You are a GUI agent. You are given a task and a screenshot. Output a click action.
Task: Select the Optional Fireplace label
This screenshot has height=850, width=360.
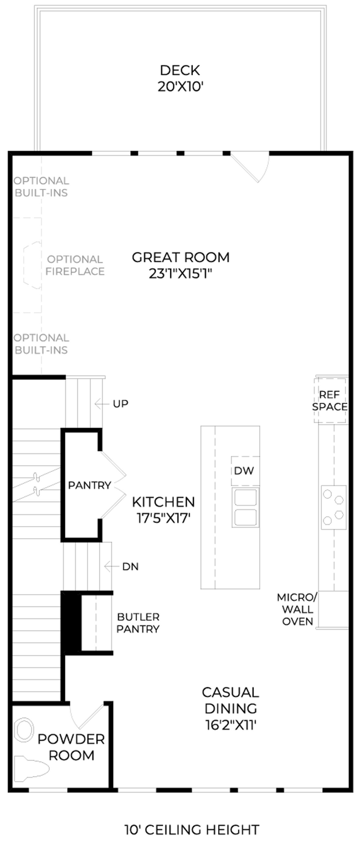tap(75, 265)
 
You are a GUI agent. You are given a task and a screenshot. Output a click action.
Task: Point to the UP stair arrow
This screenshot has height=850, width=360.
tap(101, 404)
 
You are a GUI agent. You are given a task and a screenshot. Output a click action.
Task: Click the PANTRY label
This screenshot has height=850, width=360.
tap(90, 485)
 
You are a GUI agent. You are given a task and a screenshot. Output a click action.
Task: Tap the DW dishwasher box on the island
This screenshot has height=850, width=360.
tap(245, 471)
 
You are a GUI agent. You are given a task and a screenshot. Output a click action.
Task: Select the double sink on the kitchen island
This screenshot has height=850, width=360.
tap(246, 508)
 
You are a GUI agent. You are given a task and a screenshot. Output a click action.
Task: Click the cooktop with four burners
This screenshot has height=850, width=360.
tap(333, 507)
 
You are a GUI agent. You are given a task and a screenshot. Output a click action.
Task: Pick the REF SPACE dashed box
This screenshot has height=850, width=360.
tap(330, 400)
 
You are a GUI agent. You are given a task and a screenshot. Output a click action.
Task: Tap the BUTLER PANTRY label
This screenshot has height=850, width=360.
tap(138, 623)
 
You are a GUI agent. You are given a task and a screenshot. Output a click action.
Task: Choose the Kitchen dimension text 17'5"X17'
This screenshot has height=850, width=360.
tap(163, 518)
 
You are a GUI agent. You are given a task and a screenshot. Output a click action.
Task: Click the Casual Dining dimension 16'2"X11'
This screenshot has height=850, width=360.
tap(230, 725)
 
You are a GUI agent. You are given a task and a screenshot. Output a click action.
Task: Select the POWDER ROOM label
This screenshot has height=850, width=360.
tap(71, 747)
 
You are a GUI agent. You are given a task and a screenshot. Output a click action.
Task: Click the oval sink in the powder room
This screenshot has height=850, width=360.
tap(24, 729)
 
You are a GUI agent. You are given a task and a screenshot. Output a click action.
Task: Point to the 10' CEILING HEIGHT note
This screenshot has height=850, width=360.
tap(192, 830)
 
